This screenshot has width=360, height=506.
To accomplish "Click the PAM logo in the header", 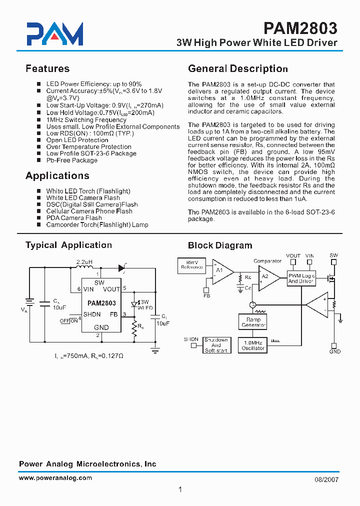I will click(x=54, y=34).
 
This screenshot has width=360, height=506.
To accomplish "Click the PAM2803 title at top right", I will click(x=300, y=27).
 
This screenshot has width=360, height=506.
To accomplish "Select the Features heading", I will click(x=47, y=68).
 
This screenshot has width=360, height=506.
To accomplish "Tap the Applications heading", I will click(x=57, y=175).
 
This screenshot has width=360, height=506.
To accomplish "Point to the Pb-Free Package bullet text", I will click(x=71, y=160).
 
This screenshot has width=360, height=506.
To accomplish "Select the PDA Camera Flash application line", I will click(x=74, y=218).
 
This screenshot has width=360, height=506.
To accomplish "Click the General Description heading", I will click(x=237, y=68).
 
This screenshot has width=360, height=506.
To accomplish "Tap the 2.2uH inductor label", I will click(x=84, y=261).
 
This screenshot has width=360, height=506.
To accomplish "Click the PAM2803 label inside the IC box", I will click(x=101, y=303).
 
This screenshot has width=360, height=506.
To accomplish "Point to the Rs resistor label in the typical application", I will click(x=141, y=327).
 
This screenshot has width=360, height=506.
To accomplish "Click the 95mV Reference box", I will click(x=191, y=264).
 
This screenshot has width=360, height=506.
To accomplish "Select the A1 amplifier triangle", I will click(x=221, y=272).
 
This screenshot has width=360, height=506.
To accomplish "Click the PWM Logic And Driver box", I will click(x=301, y=278).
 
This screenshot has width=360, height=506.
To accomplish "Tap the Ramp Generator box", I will click(x=253, y=322).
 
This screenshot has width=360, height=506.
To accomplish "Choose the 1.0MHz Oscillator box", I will click(x=253, y=345).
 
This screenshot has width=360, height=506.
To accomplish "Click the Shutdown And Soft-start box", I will click(x=216, y=345).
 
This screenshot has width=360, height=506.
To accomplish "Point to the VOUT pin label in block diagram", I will click(x=293, y=255).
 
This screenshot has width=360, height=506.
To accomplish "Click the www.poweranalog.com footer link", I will click(x=55, y=478).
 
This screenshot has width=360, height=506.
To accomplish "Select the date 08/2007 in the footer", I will click(x=326, y=479).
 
